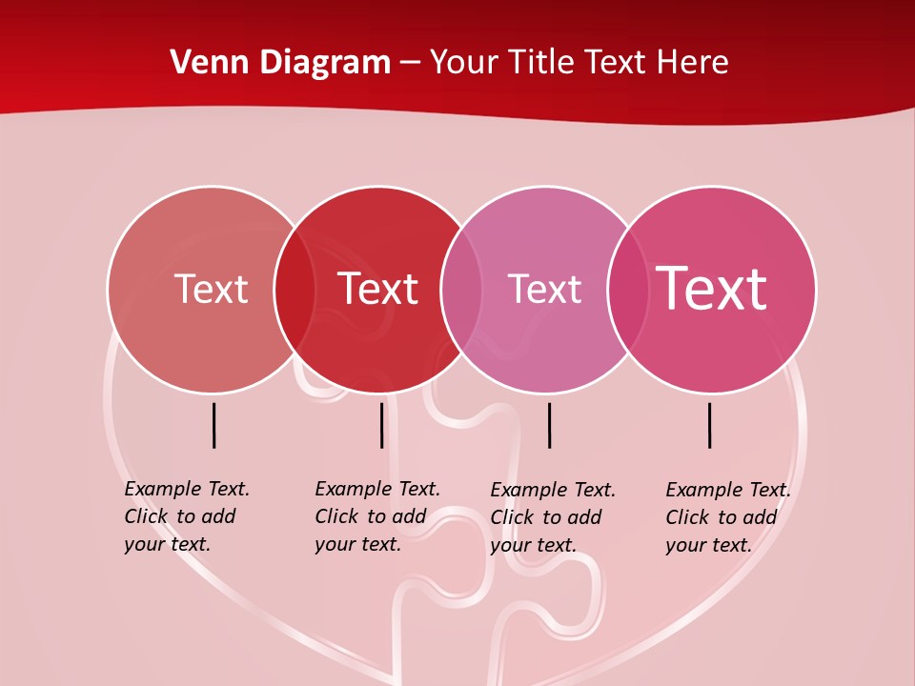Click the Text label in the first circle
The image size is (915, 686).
[x=211, y=289]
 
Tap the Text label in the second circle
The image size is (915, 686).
[x=377, y=289]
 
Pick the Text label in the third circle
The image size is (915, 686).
[x=544, y=289]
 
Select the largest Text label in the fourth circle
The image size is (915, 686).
[x=711, y=289]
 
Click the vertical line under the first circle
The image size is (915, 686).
[x=214, y=425]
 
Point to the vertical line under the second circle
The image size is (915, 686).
[x=381, y=425]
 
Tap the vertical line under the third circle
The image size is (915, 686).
[x=549, y=425]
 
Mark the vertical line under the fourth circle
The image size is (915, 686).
[x=710, y=425]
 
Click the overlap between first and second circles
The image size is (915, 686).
[x=295, y=289]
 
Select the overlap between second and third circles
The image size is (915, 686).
[x=461, y=289]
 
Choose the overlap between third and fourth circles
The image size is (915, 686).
[x=628, y=289]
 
